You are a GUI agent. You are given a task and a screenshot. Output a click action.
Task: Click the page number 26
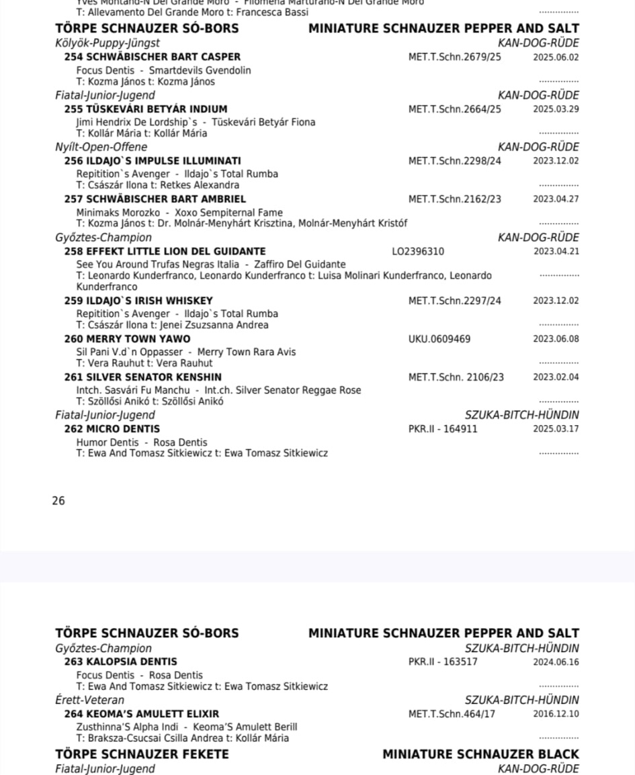[x=58, y=500]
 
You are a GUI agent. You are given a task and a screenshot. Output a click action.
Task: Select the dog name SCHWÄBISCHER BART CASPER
[x=163, y=57]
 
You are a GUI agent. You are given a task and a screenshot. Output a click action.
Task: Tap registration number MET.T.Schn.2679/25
[x=454, y=57]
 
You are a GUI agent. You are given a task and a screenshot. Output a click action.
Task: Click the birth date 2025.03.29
[x=556, y=109]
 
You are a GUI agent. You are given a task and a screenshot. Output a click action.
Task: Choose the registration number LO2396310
[x=418, y=251]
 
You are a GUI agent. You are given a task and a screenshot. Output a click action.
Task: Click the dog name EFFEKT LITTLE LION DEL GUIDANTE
[x=175, y=251]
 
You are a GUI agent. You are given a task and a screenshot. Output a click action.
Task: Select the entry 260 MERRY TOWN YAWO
[x=127, y=339]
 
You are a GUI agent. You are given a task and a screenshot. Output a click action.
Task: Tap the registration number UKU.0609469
[x=439, y=339]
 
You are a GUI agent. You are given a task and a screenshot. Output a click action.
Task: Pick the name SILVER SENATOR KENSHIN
[x=154, y=377]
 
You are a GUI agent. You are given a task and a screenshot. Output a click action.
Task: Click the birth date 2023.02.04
[x=556, y=377]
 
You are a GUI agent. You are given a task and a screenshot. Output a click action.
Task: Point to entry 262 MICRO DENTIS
[x=112, y=429]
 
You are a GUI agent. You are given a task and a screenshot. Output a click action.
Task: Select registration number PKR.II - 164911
[x=443, y=429]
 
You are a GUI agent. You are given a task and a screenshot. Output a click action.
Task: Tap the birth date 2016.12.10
[x=556, y=714]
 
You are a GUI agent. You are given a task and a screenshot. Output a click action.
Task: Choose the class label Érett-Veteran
[x=89, y=700]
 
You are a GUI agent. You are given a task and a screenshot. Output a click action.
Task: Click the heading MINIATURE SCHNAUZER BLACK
[x=480, y=754]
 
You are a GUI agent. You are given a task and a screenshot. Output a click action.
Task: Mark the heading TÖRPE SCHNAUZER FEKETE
[x=142, y=754]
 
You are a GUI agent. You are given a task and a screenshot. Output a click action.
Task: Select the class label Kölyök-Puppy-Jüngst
[x=108, y=44]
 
